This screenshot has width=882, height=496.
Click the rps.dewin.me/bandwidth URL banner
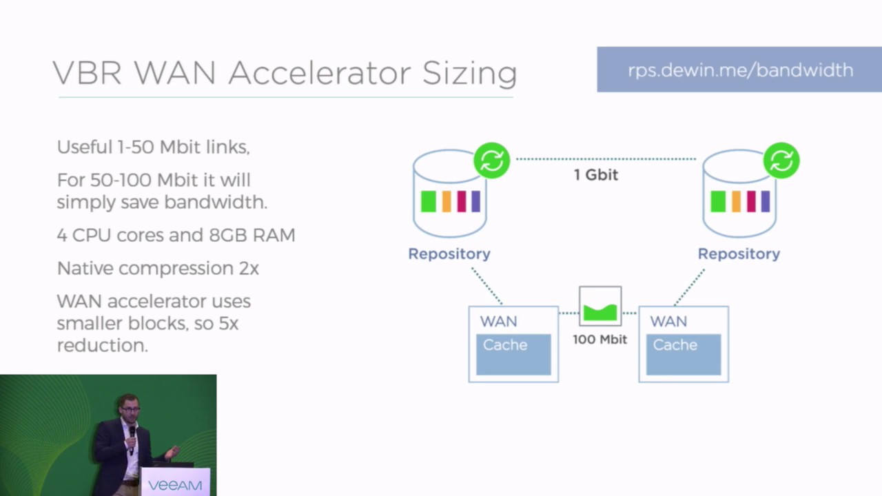pyautogui.click(x=739, y=70)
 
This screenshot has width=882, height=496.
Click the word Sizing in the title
pyautogui.click(x=469, y=73)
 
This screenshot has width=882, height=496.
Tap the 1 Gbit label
pyautogui.click(x=596, y=175)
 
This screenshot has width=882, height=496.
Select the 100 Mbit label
pyautogui.click(x=599, y=339)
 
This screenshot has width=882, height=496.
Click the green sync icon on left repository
pyautogui.click(x=491, y=161)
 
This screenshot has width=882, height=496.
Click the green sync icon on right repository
pyautogui.click(x=781, y=161)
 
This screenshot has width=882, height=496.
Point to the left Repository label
pyautogui.click(x=449, y=254)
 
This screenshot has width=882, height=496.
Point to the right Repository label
pyautogui.click(x=739, y=254)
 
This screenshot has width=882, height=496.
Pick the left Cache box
pyautogui.click(x=513, y=354)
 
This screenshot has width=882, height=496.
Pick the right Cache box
pyautogui.click(x=684, y=354)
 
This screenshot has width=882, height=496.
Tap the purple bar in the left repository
pyautogui.click(x=475, y=201)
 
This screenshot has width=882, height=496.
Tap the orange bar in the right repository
pyautogui.click(x=736, y=201)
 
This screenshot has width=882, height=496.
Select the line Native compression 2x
pyautogui.click(x=158, y=268)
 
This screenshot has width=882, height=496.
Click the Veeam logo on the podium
pyautogui.click(x=175, y=485)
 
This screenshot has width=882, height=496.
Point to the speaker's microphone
pyautogui.click(x=132, y=432)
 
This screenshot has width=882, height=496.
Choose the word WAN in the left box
pyautogui.click(x=498, y=322)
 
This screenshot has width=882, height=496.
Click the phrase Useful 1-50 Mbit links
pyautogui.click(x=153, y=147)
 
